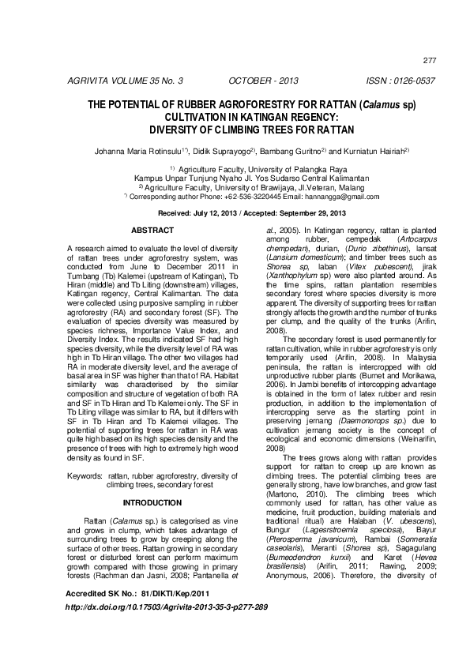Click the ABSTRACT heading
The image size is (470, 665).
coord(152,230)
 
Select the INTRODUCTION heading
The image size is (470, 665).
coord(152,502)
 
